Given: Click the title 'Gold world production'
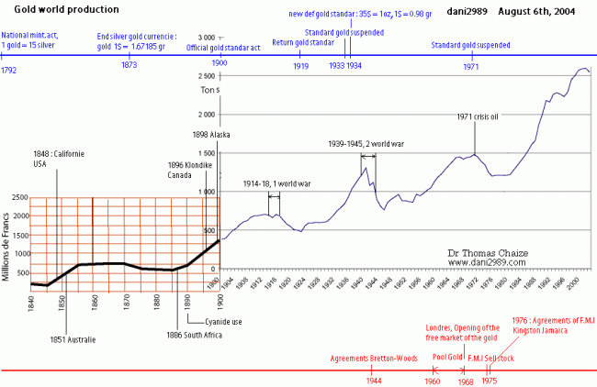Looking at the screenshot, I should [x=67, y=9].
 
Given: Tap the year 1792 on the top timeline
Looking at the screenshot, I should [x=9, y=69].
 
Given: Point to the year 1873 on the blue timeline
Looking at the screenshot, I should [x=129, y=65].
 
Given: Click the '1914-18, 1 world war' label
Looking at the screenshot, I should [x=277, y=183].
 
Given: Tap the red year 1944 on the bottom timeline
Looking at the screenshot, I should [x=373, y=381].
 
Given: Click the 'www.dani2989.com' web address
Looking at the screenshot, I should [x=486, y=261].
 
